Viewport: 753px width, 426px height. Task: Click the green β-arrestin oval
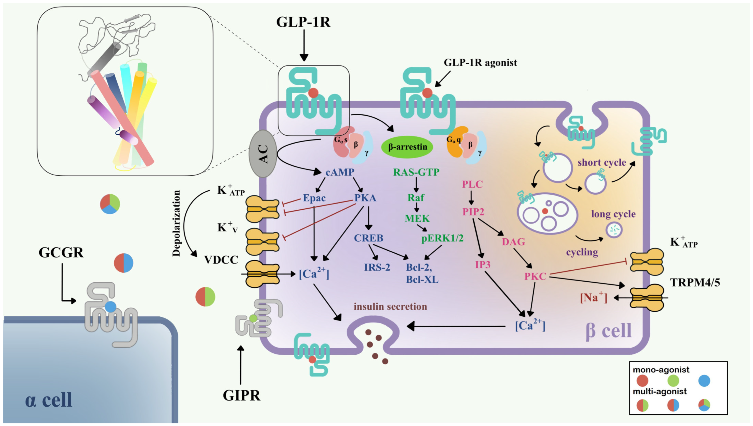pos(407,147)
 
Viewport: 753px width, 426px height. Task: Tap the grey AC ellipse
pos(263,154)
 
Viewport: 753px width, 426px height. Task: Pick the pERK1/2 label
pos(442,238)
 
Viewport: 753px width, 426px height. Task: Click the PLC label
pos(472,184)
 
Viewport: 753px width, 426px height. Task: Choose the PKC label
pos(535,276)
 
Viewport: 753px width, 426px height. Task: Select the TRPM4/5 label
pos(695,282)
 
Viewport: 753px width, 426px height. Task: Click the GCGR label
pos(61,253)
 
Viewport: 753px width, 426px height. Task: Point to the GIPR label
pos(241,396)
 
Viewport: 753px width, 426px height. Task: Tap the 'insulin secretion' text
pos(390,306)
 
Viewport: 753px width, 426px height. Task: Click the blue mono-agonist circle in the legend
pos(704,381)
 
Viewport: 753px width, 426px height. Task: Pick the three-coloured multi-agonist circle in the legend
pos(704,405)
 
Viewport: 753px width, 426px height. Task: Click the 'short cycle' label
pos(602,162)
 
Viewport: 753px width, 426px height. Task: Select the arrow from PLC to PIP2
pos(471,198)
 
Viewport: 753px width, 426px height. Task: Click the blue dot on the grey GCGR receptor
pos(110,307)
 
